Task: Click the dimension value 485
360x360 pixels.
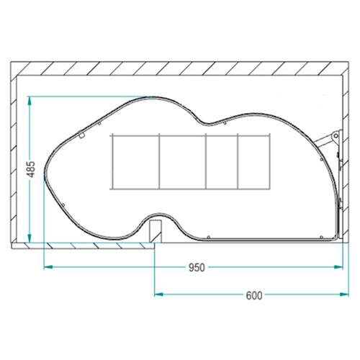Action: [x=32, y=169]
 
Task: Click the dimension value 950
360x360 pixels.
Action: [x=197, y=268]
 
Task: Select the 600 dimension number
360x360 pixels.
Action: [x=254, y=295]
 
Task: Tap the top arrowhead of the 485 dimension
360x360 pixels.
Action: [x=30, y=101]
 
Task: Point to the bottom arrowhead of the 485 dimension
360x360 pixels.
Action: [x=30, y=238]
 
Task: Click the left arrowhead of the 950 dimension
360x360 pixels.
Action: [x=48, y=267]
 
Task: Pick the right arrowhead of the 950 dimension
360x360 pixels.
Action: [x=338, y=267]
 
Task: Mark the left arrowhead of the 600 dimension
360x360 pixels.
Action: [x=158, y=294]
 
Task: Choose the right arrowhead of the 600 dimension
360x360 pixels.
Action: [x=344, y=294]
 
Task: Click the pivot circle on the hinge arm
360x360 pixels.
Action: [x=336, y=136]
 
